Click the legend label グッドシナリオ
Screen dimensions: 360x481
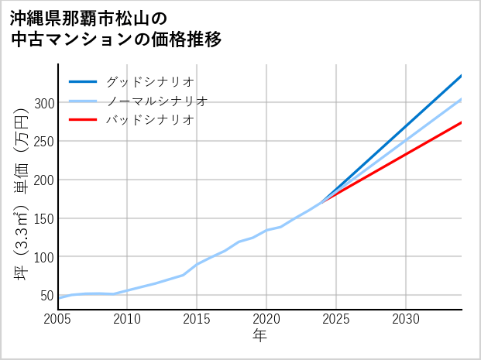149,81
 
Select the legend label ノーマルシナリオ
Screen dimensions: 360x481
156,101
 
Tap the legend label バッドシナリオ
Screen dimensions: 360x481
149,120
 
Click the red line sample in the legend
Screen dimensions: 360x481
83,120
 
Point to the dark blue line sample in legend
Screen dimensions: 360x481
83,81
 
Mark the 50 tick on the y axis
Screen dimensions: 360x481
46,295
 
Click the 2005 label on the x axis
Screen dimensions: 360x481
58,319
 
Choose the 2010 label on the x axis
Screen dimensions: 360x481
127,319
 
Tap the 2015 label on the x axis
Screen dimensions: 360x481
197,319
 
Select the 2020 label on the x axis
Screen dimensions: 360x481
266,319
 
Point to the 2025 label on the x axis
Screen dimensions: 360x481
336,319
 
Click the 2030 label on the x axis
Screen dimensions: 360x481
406,319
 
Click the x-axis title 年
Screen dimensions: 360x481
260,336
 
